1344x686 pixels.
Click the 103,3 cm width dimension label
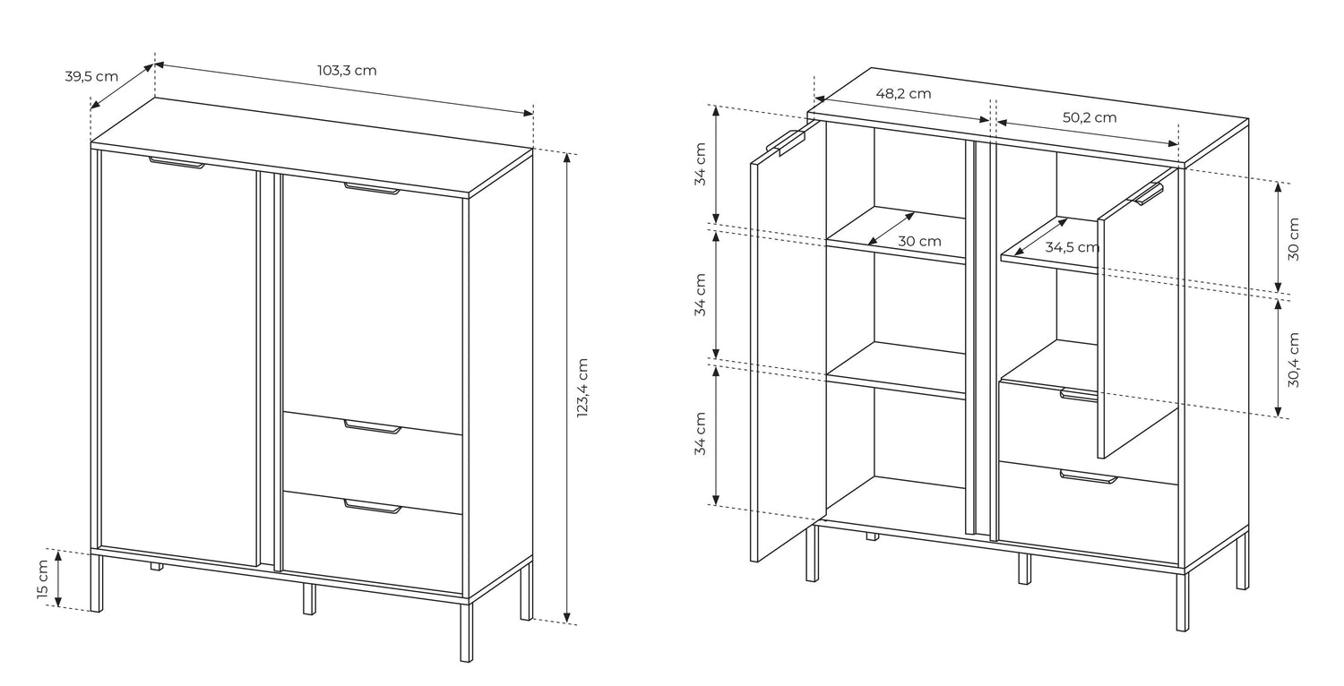[x=347, y=71]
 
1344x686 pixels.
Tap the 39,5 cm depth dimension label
[x=91, y=77]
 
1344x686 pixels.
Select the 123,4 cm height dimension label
[x=582, y=388]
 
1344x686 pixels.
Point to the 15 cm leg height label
[x=42, y=579]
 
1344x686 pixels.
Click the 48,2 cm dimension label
[x=903, y=94]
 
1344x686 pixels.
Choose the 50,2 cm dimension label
[x=1090, y=117]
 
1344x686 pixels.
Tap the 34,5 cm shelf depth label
[x=1073, y=247]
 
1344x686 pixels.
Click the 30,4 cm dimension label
[x=1293, y=360]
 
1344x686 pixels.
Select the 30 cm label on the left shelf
[x=919, y=242]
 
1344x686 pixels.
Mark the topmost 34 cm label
[x=700, y=164]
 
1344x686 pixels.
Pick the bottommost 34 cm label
[x=700, y=433]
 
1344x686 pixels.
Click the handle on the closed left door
[x=177, y=162]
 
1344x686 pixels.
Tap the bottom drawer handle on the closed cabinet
[x=373, y=507]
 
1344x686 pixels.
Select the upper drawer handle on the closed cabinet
[x=373, y=426]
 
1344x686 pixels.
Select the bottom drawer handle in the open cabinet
[x=1089, y=476]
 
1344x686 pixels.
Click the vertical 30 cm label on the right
[x=1293, y=238]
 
